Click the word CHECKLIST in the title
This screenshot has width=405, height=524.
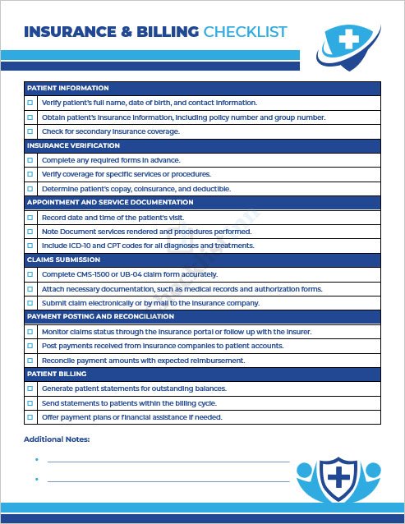point(245,32)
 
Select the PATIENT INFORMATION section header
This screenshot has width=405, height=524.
point(68,88)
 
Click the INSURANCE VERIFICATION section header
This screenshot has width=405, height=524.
point(72,145)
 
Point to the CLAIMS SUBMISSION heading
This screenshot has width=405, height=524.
point(62,259)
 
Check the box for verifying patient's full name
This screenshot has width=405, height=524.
point(30,103)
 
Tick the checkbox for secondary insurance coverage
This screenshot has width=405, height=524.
point(30,131)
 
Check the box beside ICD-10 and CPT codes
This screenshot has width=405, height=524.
point(30,246)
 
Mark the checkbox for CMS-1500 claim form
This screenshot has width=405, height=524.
point(30,274)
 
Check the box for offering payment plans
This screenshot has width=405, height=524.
point(30,417)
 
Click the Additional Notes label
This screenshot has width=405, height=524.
point(57,439)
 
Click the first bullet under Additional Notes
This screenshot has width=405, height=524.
point(37,461)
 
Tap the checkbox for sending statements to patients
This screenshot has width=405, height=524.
point(30,402)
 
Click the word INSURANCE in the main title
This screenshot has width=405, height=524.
point(71,32)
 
